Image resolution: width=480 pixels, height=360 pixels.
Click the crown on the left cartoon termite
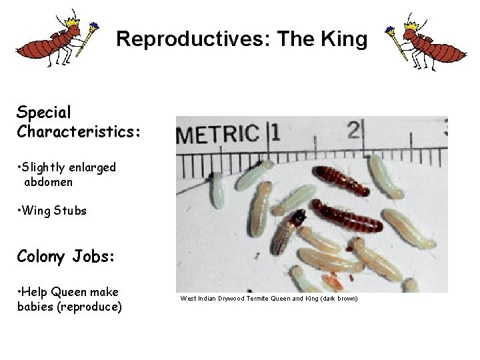pos(73,26)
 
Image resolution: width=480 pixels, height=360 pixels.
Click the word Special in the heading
pos(44,112)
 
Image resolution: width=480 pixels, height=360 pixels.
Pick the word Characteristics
pos(79,131)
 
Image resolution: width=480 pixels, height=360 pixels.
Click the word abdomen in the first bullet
pos(49,181)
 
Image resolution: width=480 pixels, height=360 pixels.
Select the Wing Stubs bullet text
pos(55,211)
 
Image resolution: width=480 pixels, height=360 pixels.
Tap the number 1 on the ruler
pos(273,131)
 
